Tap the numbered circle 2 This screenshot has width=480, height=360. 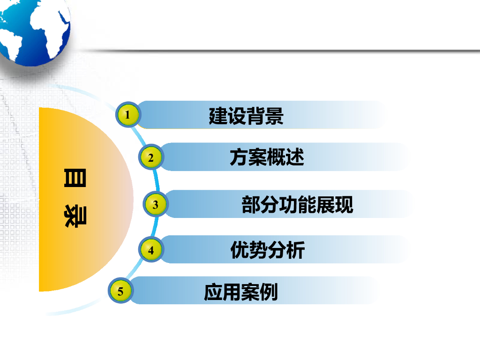click(x=150, y=158)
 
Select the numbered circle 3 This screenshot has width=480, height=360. click(x=155, y=205)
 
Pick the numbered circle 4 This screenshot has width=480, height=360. click(x=150, y=250)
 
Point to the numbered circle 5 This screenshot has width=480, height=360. click(x=120, y=292)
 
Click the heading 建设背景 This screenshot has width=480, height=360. click(x=246, y=116)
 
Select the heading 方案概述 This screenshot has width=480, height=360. click(x=267, y=157)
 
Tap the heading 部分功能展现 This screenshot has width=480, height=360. click(x=297, y=205)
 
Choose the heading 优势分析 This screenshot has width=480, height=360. click(x=267, y=250)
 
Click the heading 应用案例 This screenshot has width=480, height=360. click(x=241, y=292)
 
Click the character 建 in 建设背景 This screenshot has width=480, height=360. click(x=218, y=116)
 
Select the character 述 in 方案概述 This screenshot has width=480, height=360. click(x=295, y=157)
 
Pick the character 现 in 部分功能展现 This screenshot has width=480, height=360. click(x=344, y=205)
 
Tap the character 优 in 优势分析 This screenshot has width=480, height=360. click(x=240, y=250)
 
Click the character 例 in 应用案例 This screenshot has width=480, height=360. click(x=269, y=292)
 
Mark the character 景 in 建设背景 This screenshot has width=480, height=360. click(x=274, y=116)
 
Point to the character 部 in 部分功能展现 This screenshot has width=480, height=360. click(x=251, y=205)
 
